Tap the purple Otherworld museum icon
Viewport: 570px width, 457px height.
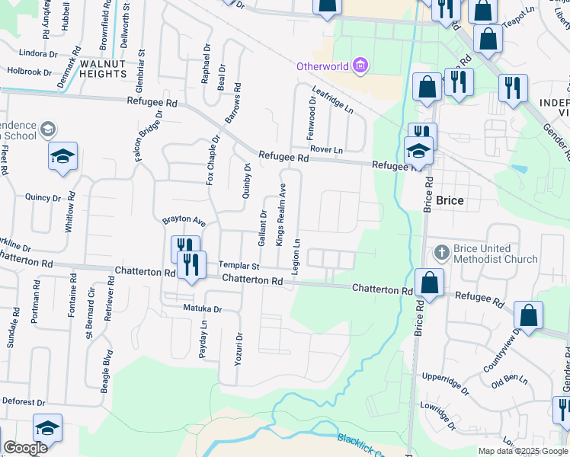[x=360, y=66]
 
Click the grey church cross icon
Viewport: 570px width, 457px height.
[x=441, y=251]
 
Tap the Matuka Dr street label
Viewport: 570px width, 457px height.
[x=202, y=309]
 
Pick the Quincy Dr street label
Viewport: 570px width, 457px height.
[x=42, y=198]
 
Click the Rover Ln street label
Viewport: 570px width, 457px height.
[x=328, y=151]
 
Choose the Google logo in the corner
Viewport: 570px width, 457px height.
[x=25, y=448]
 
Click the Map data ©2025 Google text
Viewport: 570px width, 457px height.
[x=523, y=451]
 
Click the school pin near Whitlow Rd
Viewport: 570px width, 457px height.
[x=63, y=158]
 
